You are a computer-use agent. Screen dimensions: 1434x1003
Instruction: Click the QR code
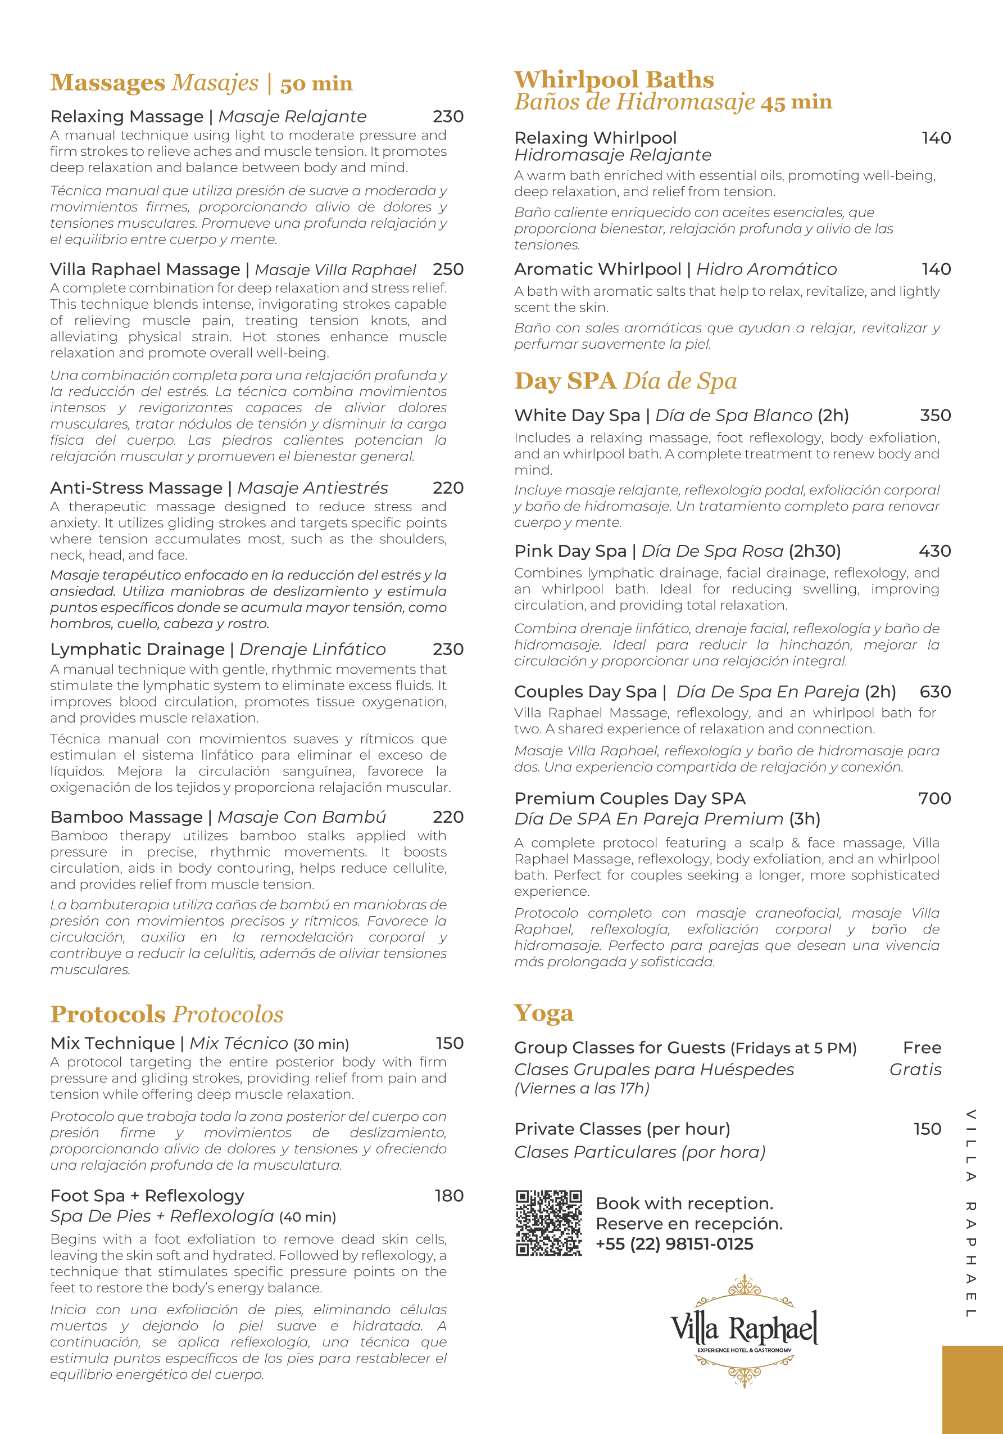pyautogui.click(x=548, y=1222)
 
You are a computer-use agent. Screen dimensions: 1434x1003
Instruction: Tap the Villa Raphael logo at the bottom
pyautogui.click(x=744, y=1331)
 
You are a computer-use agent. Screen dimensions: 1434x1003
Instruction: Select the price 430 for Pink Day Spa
pyautogui.click(x=934, y=551)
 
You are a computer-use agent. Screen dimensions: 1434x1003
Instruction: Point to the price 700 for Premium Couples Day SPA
pyautogui.click(x=934, y=798)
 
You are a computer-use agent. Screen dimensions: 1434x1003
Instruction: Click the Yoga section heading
pyautogui.click(x=543, y=1012)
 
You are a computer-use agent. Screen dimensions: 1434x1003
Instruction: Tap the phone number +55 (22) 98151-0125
pyautogui.click(x=674, y=1243)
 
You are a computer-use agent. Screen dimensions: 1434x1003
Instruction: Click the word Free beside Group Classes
pyautogui.click(x=922, y=1048)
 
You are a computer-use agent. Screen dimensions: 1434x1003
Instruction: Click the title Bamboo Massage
pyautogui.click(x=126, y=817)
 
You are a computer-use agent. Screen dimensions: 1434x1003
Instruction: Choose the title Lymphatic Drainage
pyautogui.click(x=137, y=650)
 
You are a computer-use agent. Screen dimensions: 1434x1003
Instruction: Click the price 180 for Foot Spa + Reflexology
pyautogui.click(x=449, y=1196)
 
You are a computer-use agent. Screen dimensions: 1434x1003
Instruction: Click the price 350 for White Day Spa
pyautogui.click(x=935, y=416)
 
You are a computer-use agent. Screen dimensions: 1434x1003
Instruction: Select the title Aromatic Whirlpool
pyautogui.click(x=597, y=269)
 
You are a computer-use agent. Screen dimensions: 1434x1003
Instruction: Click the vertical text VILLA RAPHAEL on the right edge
pyautogui.click(x=970, y=1212)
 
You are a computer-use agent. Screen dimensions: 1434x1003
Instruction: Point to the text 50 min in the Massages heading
pyautogui.click(x=316, y=84)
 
